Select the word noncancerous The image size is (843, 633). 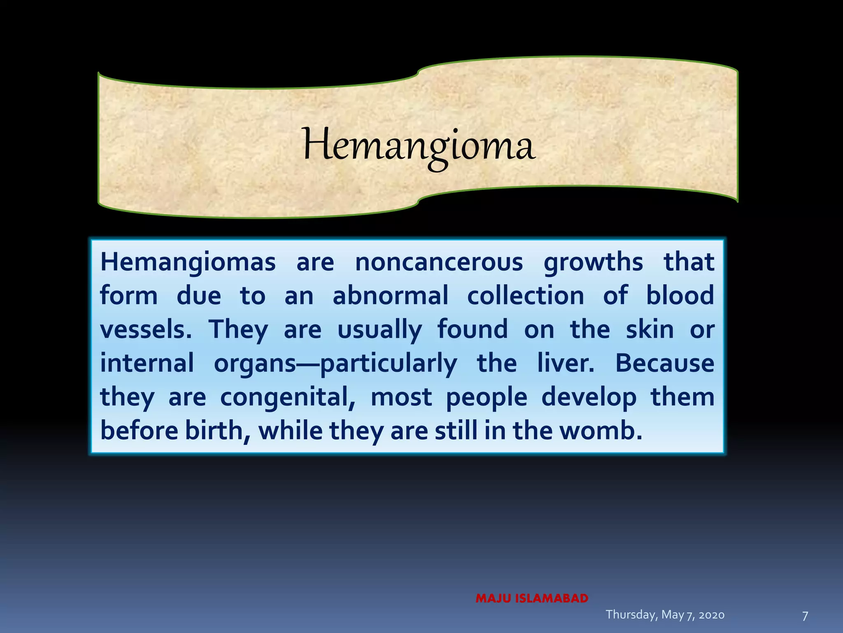439,262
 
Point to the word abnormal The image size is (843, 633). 390,296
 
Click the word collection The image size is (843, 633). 526,296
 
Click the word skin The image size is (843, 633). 650,330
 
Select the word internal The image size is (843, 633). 147,363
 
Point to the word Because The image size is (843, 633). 665,363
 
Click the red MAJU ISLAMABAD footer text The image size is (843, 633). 532,598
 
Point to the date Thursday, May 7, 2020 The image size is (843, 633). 665,614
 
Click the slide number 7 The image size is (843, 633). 805,616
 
